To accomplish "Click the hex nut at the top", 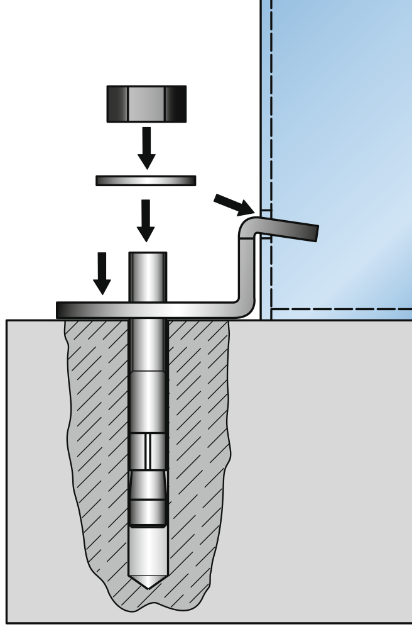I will (x=146, y=104).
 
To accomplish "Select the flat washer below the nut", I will (x=146, y=181).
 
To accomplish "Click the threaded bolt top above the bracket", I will (x=148, y=277).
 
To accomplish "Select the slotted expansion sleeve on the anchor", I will (x=148, y=451).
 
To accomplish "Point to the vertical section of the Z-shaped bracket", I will (x=246, y=270).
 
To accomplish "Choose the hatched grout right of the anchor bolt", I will (x=198, y=440).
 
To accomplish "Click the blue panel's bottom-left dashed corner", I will (x=272, y=309).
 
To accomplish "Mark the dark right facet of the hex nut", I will (x=176, y=104).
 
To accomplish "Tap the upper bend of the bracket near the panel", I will (x=249, y=227).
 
